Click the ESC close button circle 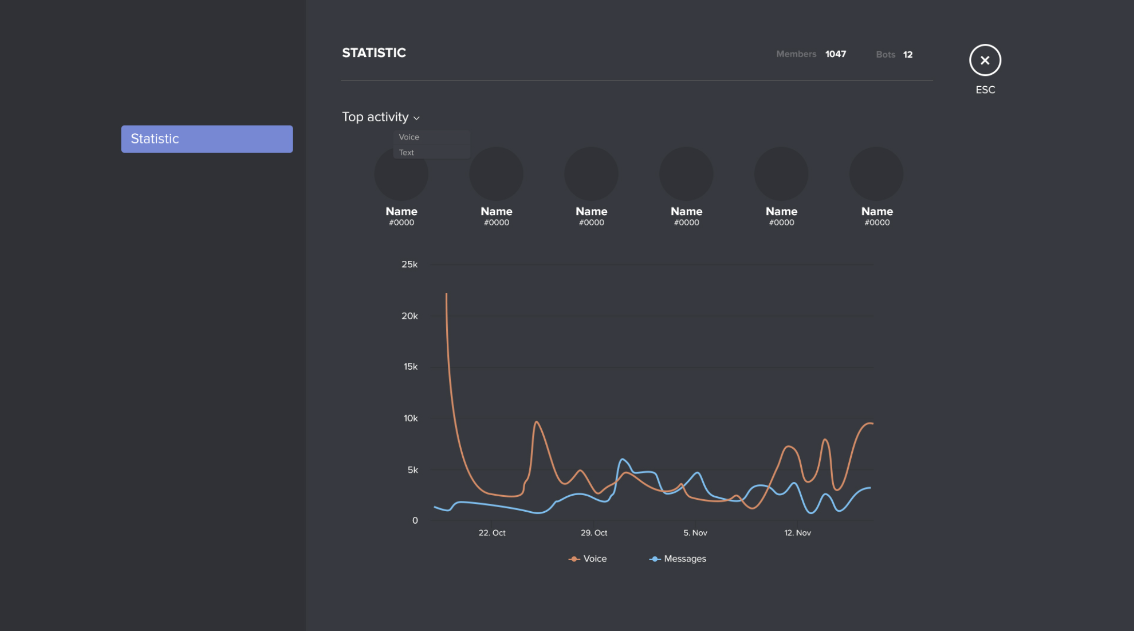point(985,60)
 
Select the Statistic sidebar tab point(207,139)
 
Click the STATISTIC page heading point(374,53)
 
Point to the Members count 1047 point(835,54)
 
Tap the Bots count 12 point(908,55)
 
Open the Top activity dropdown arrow point(416,118)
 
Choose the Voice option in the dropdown point(409,137)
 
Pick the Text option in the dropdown point(407,152)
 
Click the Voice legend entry point(588,559)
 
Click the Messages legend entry point(677,559)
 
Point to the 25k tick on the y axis point(410,264)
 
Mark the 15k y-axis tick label point(411,367)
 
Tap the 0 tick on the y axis point(415,520)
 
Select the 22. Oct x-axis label point(492,533)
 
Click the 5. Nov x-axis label point(695,533)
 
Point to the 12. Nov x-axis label point(797,533)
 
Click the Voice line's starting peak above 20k point(446,294)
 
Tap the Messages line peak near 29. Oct point(623,459)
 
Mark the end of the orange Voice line point(872,424)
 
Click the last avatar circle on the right point(876,174)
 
